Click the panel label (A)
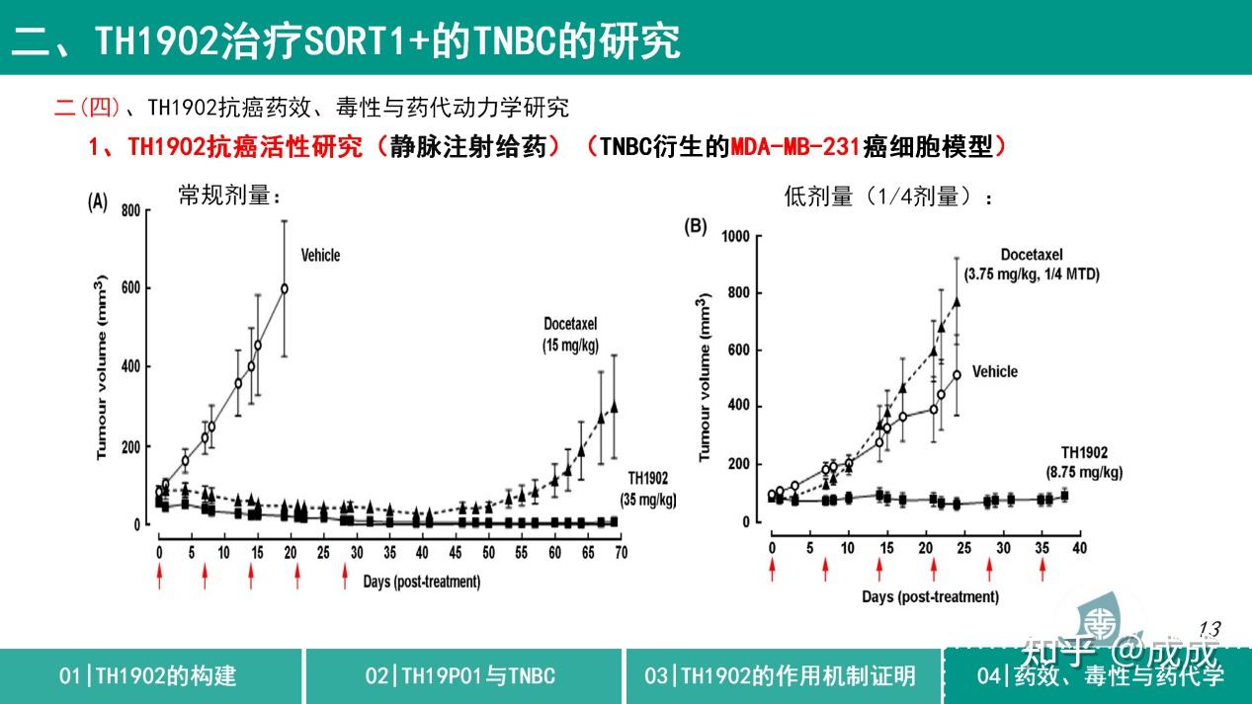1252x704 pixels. [97, 202]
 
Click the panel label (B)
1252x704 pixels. [696, 226]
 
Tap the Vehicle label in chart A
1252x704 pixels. [320, 256]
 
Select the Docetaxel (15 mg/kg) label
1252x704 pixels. [570, 335]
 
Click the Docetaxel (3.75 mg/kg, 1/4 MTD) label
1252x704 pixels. [1048, 265]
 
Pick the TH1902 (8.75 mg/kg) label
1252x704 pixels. [1084, 462]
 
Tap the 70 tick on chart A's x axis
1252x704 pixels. [621, 552]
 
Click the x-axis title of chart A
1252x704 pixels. [421, 582]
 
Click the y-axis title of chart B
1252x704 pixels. [705, 377]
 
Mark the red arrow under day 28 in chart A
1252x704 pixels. [344, 576]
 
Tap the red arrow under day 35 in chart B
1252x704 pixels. [1042, 571]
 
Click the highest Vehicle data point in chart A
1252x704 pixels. [285, 288]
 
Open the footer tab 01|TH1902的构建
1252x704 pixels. [148, 676]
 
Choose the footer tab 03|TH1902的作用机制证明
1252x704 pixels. [780, 676]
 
